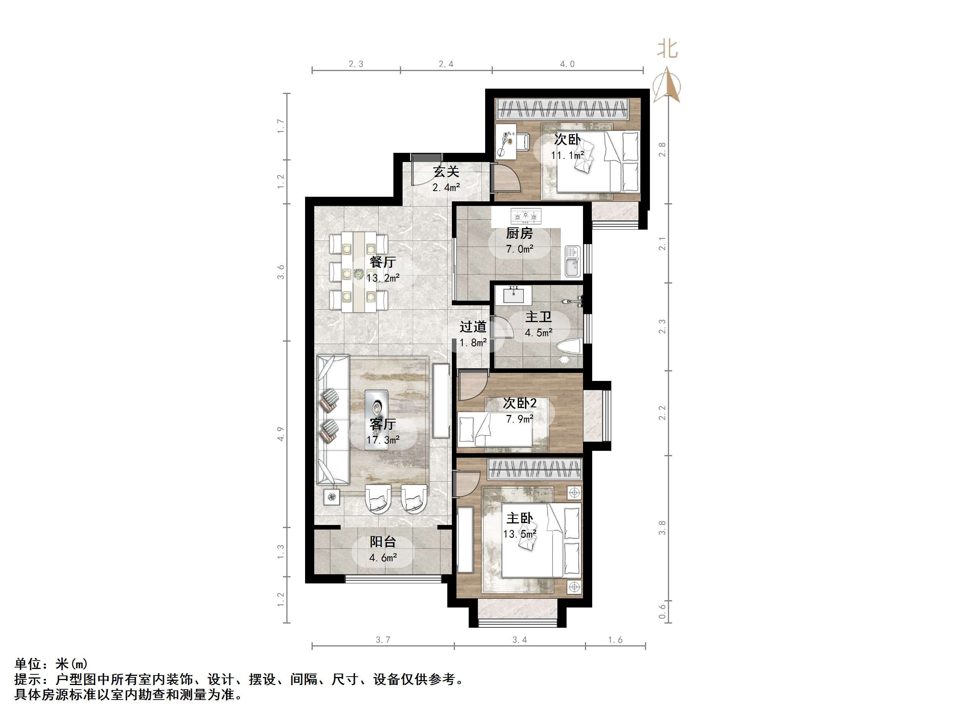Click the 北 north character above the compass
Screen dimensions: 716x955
(667, 49)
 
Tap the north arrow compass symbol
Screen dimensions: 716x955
(667, 86)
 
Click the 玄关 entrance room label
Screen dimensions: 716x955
(446, 172)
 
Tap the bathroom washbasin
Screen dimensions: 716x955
(514, 295)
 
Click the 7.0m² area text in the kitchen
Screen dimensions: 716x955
(520, 249)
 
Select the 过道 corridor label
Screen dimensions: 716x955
(473, 327)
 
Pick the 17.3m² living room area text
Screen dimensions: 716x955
(383, 440)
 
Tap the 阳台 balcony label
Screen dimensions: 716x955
(383, 542)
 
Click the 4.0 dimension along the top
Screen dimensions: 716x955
(567, 64)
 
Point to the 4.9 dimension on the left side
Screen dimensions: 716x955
(281, 434)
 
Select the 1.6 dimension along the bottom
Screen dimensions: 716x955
(615, 640)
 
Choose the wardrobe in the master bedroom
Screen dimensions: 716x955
(534, 469)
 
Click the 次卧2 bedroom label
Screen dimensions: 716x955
(520, 403)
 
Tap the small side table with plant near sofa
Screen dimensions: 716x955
(331, 497)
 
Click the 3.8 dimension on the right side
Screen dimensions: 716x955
(662, 527)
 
